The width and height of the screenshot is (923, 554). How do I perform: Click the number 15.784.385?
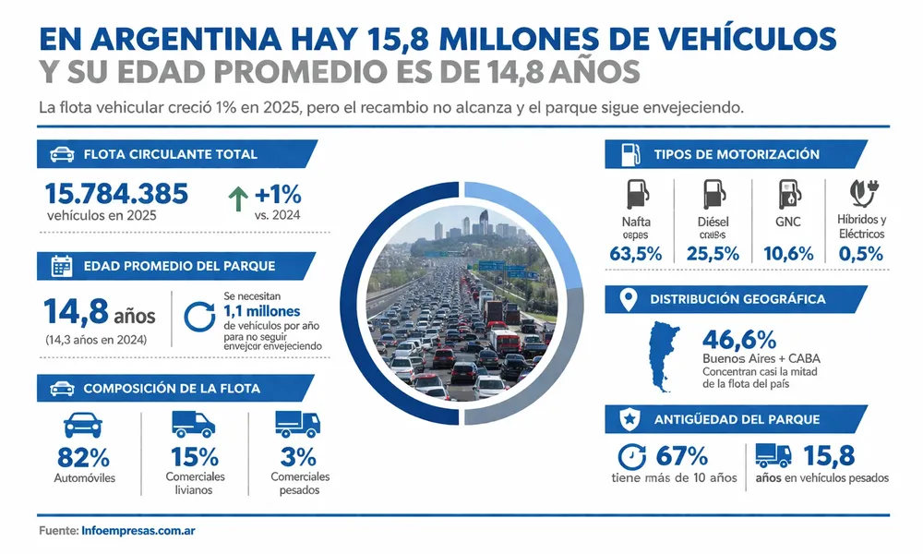pos(116,193)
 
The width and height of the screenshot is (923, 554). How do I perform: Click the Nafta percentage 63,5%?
pos(636,254)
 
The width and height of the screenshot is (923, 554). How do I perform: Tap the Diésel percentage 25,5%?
pos(713,254)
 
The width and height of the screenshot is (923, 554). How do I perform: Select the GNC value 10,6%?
pos(790,254)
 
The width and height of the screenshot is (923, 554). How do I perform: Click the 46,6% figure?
pos(740,341)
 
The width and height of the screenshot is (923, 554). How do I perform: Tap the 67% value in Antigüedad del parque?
pos(680,456)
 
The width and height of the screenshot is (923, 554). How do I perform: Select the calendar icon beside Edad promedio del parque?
pos(62,267)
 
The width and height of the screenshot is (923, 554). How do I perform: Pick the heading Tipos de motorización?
pos(736,154)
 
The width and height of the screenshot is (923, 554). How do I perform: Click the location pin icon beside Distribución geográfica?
pos(629,299)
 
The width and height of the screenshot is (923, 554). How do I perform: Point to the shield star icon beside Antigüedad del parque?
pos(629,419)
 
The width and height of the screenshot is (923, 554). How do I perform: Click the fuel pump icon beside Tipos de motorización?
pos(629,154)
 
